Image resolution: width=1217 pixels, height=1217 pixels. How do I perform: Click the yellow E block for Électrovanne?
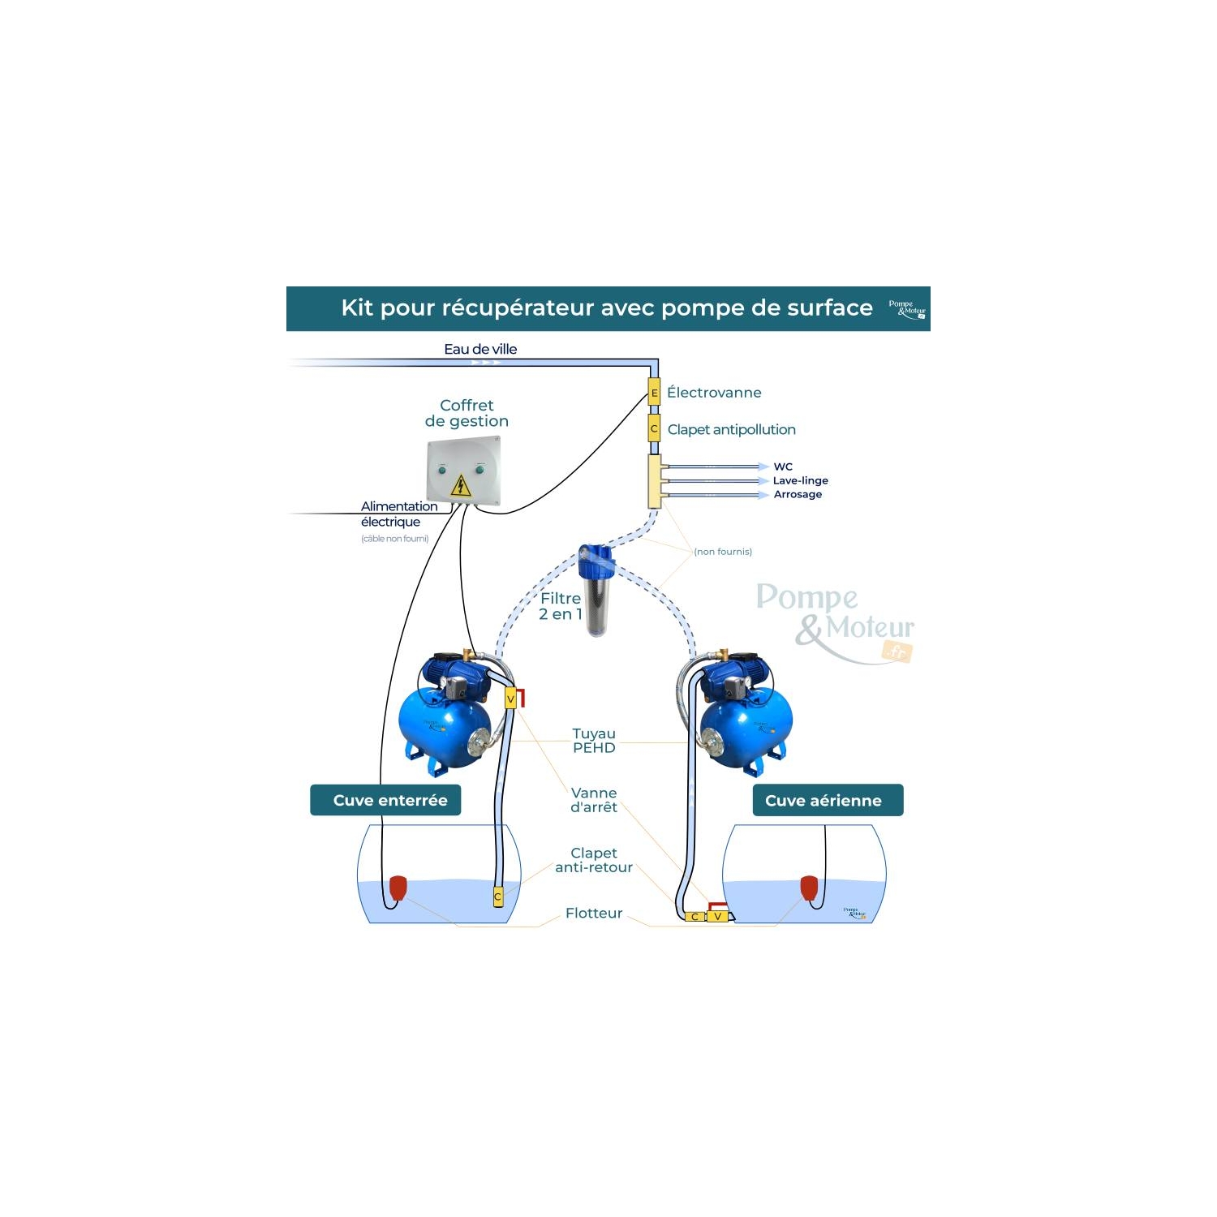(x=654, y=393)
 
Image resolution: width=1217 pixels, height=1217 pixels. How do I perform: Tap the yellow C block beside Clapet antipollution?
(x=654, y=428)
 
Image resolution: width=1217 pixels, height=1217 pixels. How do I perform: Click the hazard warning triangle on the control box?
(x=460, y=485)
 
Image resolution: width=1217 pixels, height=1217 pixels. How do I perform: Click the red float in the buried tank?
(x=398, y=888)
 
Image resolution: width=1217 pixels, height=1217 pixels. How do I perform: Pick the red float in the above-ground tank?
(x=809, y=888)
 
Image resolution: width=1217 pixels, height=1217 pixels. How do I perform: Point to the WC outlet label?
(x=783, y=467)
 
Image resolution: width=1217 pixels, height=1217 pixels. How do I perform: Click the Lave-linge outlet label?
(x=800, y=480)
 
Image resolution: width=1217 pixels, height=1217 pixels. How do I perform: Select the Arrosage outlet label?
(x=798, y=494)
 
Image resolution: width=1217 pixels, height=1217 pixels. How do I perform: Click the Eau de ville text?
(x=480, y=349)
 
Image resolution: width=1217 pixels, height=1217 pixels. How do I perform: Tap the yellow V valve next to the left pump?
(x=510, y=699)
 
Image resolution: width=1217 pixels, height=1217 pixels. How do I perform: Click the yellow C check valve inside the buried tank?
(x=498, y=897)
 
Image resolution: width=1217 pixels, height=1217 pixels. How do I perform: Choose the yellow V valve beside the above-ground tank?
(x=717, y=917)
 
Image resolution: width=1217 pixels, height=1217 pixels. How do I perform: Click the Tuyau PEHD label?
(x=594, y=741)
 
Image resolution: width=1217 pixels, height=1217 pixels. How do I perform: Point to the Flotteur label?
(x=594, y=913)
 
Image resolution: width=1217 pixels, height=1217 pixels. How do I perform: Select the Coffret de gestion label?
(x=467, y=413)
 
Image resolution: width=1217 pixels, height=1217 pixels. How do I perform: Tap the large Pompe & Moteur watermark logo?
(x=836, y=621)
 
